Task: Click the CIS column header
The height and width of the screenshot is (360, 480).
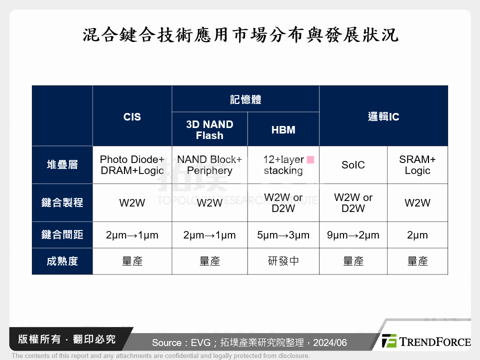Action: (132, 117)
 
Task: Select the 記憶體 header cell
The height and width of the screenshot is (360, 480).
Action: (245, 99)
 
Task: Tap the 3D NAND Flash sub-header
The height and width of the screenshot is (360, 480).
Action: (209, 129)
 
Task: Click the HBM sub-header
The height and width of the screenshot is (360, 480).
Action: (283, 130)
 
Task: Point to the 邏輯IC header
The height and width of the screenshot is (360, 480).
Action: (383, 117)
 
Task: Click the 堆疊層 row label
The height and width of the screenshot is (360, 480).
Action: (62, 165)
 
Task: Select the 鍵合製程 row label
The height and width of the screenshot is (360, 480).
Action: (62, 202)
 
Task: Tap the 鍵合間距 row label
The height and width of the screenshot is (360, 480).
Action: (62, 235)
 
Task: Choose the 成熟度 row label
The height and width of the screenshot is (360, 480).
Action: (62, 261)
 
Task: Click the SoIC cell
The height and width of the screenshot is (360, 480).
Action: (353, 165)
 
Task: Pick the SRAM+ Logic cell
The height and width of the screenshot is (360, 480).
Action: (417, 165)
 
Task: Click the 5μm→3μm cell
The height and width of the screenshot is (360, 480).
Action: (283, 235)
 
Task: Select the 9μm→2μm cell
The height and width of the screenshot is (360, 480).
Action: (353, 235)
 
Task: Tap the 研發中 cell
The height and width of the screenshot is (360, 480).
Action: (283, 261)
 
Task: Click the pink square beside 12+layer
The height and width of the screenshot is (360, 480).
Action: (310, 160)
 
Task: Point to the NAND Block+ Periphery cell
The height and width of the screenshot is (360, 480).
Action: (209, 165)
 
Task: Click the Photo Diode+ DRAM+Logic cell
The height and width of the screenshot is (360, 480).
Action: (132, 165)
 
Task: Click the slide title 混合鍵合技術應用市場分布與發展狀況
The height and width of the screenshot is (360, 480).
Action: (240, 35)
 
